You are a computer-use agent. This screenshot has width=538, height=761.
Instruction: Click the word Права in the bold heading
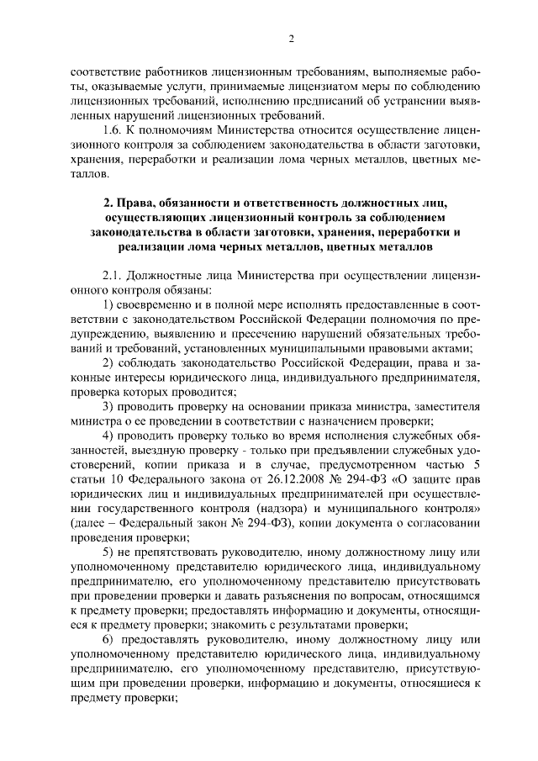(x=136, y=204)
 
